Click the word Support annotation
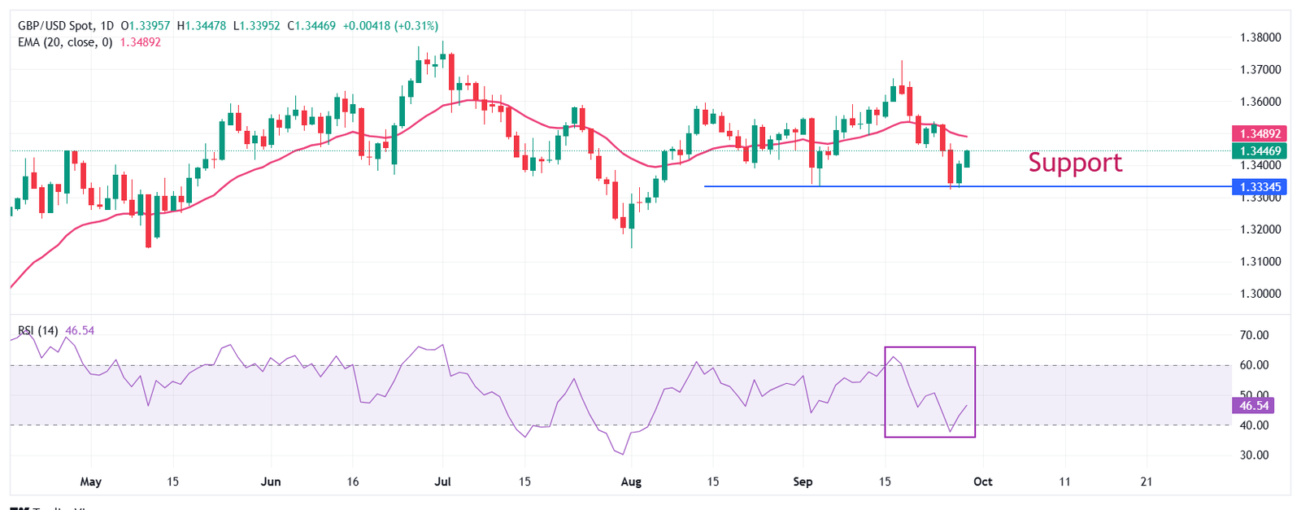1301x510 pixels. [1074, 163]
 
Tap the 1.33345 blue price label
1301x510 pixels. [1260, 187]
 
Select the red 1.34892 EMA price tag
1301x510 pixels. [1260, 133]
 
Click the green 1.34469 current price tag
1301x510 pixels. [1260, 150]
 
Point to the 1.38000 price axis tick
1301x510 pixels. [1260, 37]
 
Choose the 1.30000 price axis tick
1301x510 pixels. [1260, 294]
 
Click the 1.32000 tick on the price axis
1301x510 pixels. [1260, 229]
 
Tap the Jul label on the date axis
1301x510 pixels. [443, 482]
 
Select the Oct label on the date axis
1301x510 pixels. [983, 482]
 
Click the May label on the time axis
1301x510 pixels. [91, 482]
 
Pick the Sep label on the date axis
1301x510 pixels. [803, 482]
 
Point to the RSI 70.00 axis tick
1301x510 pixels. [1254, 335]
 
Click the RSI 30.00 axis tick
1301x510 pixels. [1254, 455]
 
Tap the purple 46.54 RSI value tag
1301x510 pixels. [1253, 405]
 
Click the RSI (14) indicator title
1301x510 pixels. [38, 331]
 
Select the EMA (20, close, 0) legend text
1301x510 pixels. [65, 42]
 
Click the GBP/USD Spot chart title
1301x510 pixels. [54, 26]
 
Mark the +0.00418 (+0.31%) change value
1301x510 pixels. [390, 26]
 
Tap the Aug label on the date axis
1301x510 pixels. [631, 482]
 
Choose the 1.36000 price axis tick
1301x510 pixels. [1260, 102]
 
